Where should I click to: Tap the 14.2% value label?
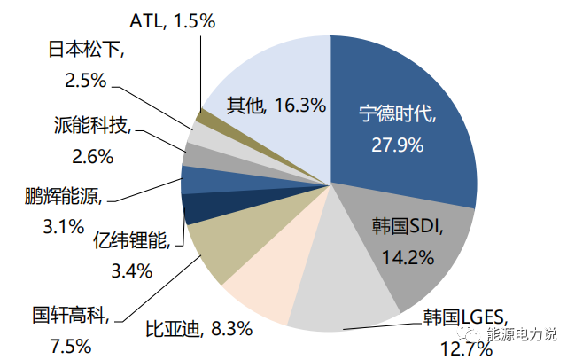(408, 258)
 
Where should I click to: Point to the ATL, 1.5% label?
(172, 20)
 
